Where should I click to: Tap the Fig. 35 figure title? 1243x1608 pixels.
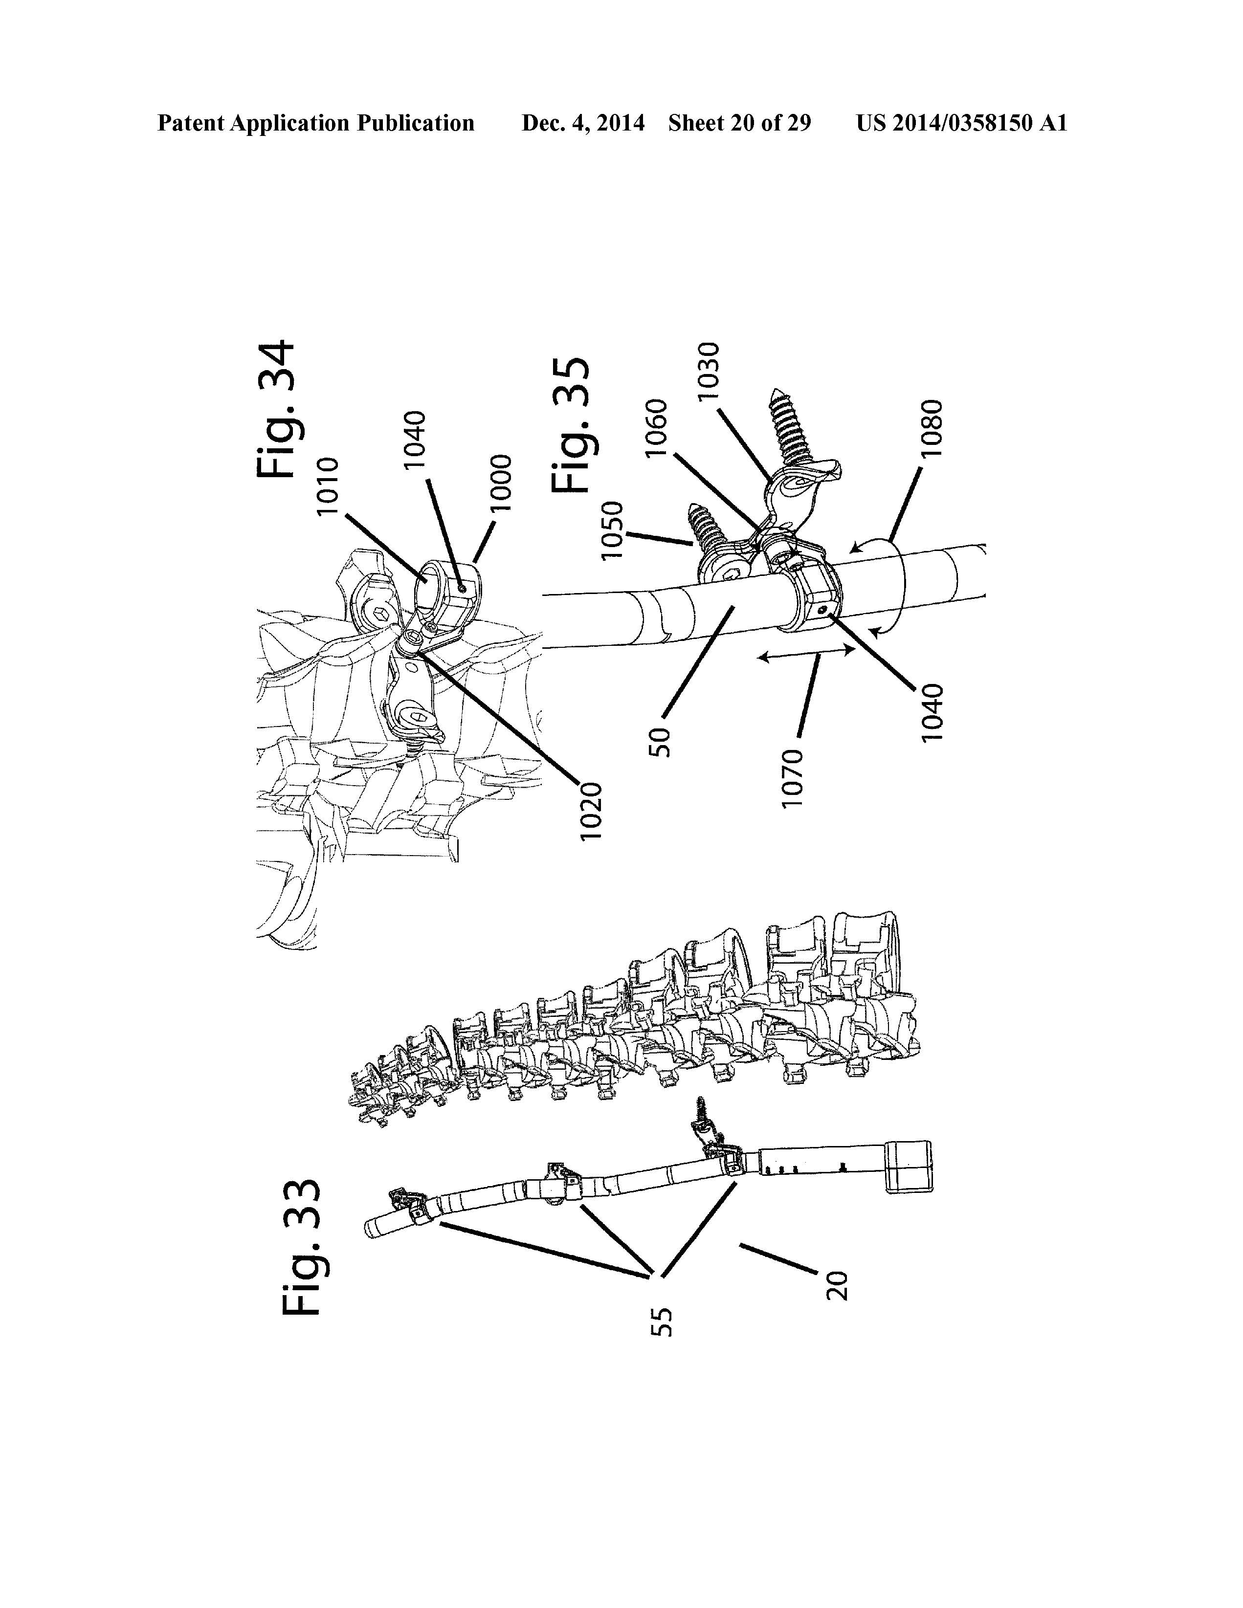572,425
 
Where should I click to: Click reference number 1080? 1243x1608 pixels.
932,428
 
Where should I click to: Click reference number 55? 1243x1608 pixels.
661,1321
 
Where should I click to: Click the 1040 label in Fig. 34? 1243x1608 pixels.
415,439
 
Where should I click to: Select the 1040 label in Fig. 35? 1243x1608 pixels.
932,713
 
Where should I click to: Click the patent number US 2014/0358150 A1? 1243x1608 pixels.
961,123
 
